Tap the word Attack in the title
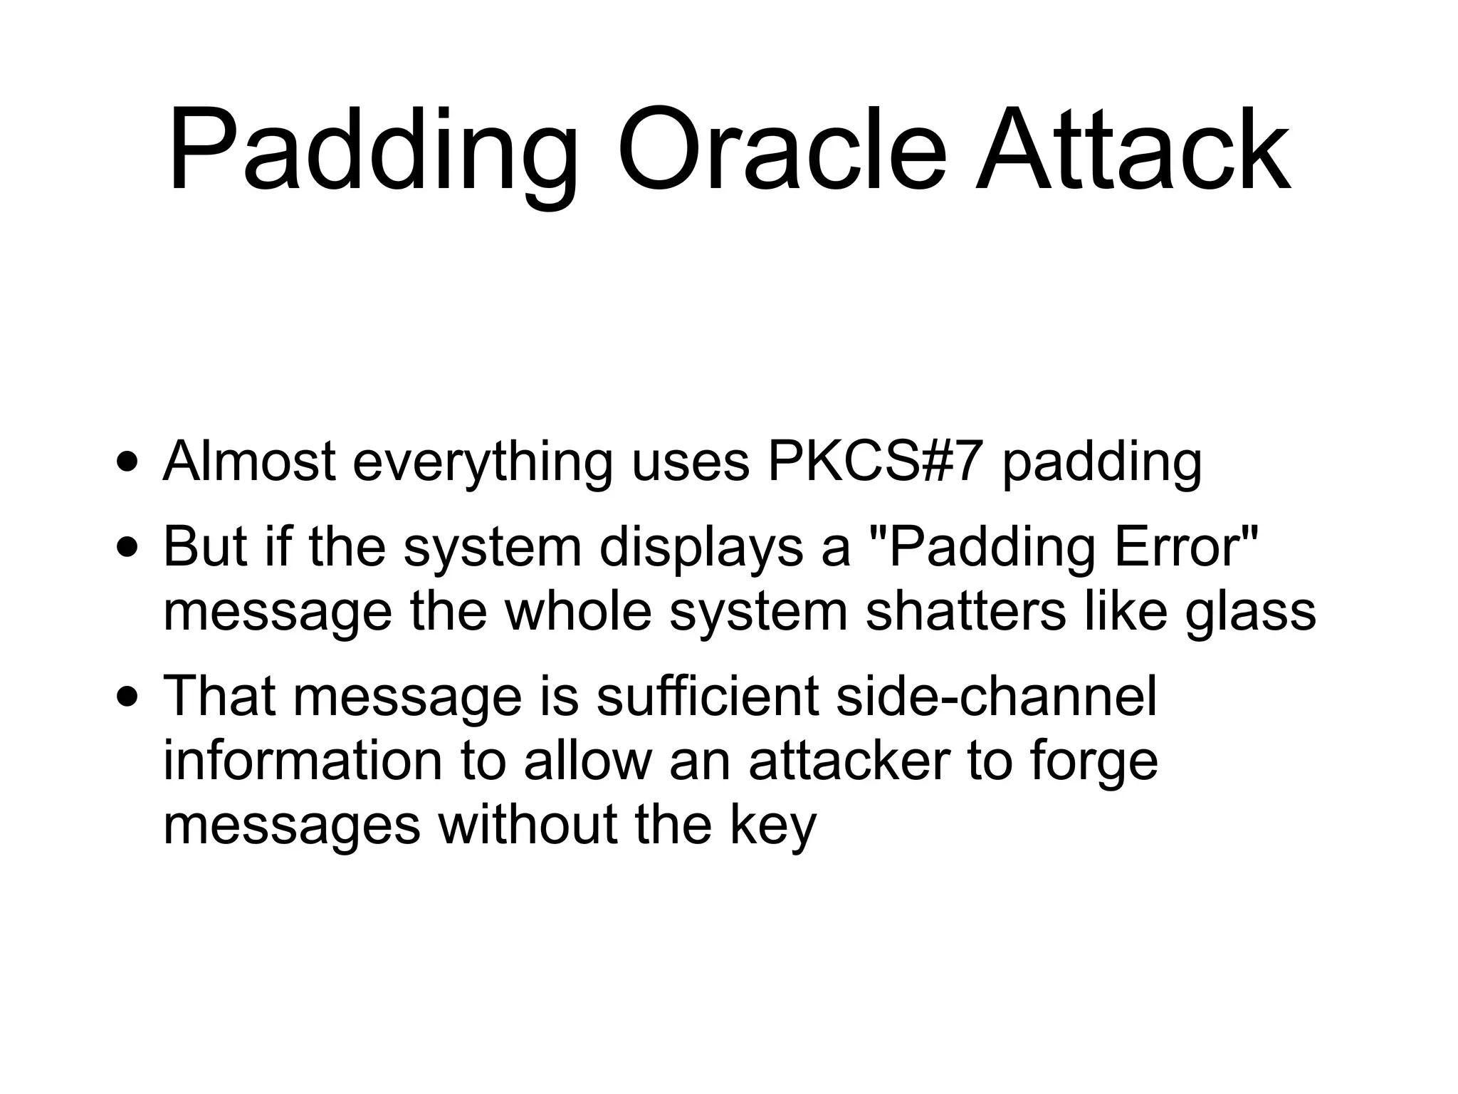1131,151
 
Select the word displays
701,548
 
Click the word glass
1250,613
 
